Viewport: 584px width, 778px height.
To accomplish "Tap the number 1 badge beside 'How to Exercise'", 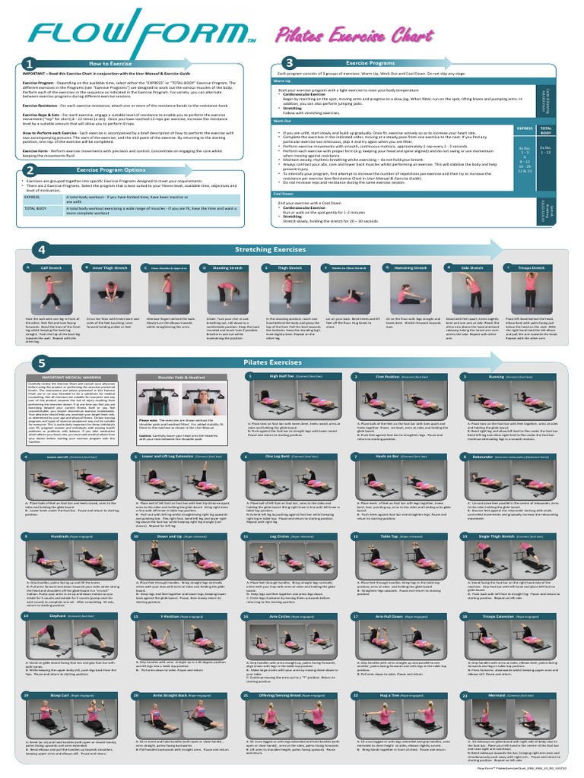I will [x=29, y=64].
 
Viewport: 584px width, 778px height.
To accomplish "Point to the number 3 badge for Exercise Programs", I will [x=289, y=63].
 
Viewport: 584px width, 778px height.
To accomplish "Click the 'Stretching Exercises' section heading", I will [x=270, y=249].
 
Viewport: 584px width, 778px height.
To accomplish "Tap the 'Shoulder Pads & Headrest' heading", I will [x=186, y=377].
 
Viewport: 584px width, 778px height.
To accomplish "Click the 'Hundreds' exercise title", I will [x=59, y=536].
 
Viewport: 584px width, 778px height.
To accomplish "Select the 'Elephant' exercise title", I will [x=57, y=616].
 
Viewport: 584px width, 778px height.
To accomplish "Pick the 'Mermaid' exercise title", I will [x=496, y=695].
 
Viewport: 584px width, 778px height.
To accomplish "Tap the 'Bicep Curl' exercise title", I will [x=60, y=695].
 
